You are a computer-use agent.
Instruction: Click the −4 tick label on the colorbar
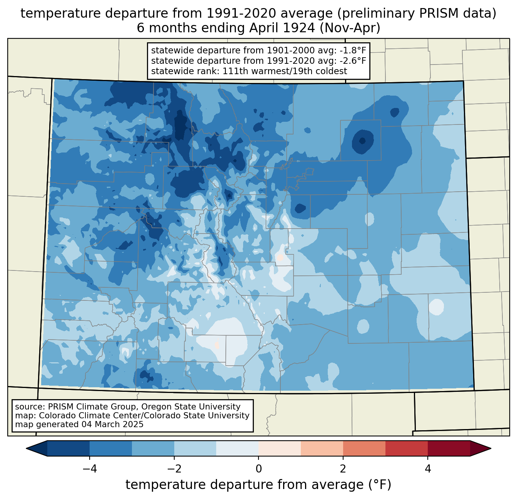click(90, 469)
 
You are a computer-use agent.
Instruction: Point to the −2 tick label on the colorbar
click(174, 469)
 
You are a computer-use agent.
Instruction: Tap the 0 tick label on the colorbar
click(258, 469)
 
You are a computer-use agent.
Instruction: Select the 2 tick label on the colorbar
click(343, 469)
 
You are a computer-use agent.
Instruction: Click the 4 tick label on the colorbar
click(427, 469)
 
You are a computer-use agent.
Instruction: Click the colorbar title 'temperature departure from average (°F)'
click(258, 484)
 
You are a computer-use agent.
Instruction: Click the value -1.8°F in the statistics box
click(352, 50)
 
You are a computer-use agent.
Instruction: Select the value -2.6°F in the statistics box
click(352, 60)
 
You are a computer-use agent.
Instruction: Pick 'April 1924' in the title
click(282, 28)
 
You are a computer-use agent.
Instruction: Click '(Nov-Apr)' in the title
click(350, 28)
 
